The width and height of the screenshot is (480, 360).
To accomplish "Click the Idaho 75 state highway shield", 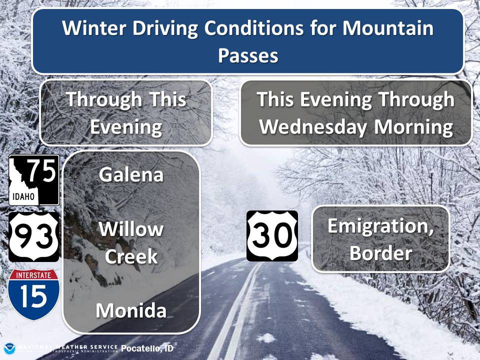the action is tap(34, 180).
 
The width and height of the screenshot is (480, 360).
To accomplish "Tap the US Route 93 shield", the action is tap(33, 237).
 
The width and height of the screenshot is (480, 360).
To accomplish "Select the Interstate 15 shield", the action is tap(33, 294).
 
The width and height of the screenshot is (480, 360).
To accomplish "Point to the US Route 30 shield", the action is tap(272, 236).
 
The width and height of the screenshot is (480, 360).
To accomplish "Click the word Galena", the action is tap(131, 175).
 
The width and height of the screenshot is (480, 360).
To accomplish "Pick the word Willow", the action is tap(131, 229).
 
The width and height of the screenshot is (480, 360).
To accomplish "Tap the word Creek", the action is tap(131, 256).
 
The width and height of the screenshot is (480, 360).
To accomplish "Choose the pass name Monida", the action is tap(131, 310).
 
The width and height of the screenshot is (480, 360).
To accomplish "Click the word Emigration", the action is tap(381, 226).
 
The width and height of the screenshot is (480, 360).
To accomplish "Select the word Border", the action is tap(381, 253).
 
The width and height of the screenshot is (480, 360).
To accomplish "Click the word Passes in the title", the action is tap(248, 55).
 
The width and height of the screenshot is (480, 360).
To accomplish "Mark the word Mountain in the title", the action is tap(388, 28).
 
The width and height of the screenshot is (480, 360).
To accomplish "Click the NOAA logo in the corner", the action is tap(9, 349).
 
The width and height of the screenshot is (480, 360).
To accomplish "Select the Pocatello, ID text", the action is tap(147, 348).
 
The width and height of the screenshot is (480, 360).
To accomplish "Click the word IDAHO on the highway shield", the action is tap(23, 196).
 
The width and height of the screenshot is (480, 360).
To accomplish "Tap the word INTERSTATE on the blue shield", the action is tap(33, 275).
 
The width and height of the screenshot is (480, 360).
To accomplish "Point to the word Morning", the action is tap(413, 127).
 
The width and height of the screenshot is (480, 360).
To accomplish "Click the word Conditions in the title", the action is tap(254, 28).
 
